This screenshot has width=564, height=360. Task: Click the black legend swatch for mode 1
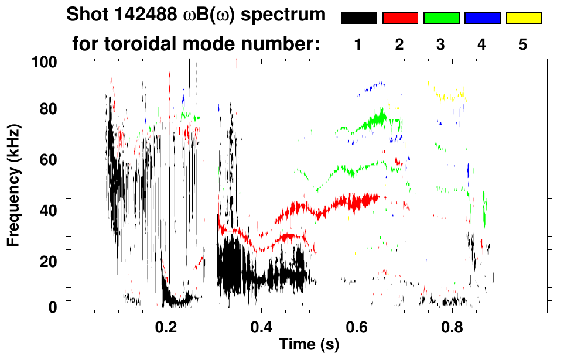coord(359,18)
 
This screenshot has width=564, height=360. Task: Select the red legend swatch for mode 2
coord(400,18)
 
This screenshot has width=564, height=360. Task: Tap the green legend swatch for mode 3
coord(441,18)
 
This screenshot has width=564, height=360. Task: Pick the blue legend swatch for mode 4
coord(482,18)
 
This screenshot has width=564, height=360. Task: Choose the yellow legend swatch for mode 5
coord(524,18)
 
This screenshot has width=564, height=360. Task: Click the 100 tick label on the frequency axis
coord(45,61)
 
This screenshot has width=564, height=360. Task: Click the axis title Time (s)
coord(309,345)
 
